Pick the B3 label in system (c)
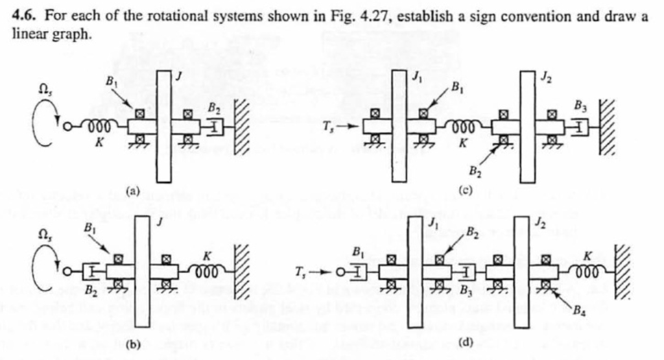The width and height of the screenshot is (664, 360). [x=582, y=104]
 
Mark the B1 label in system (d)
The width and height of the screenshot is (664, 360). [x=356, y=250]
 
